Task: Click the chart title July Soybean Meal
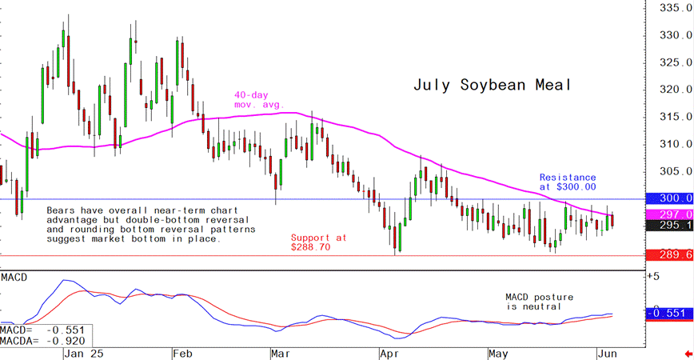[493, 85]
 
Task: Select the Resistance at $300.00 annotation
[568, 182]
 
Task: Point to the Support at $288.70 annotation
[318, 242]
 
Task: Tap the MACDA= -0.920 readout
[43, 340]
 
